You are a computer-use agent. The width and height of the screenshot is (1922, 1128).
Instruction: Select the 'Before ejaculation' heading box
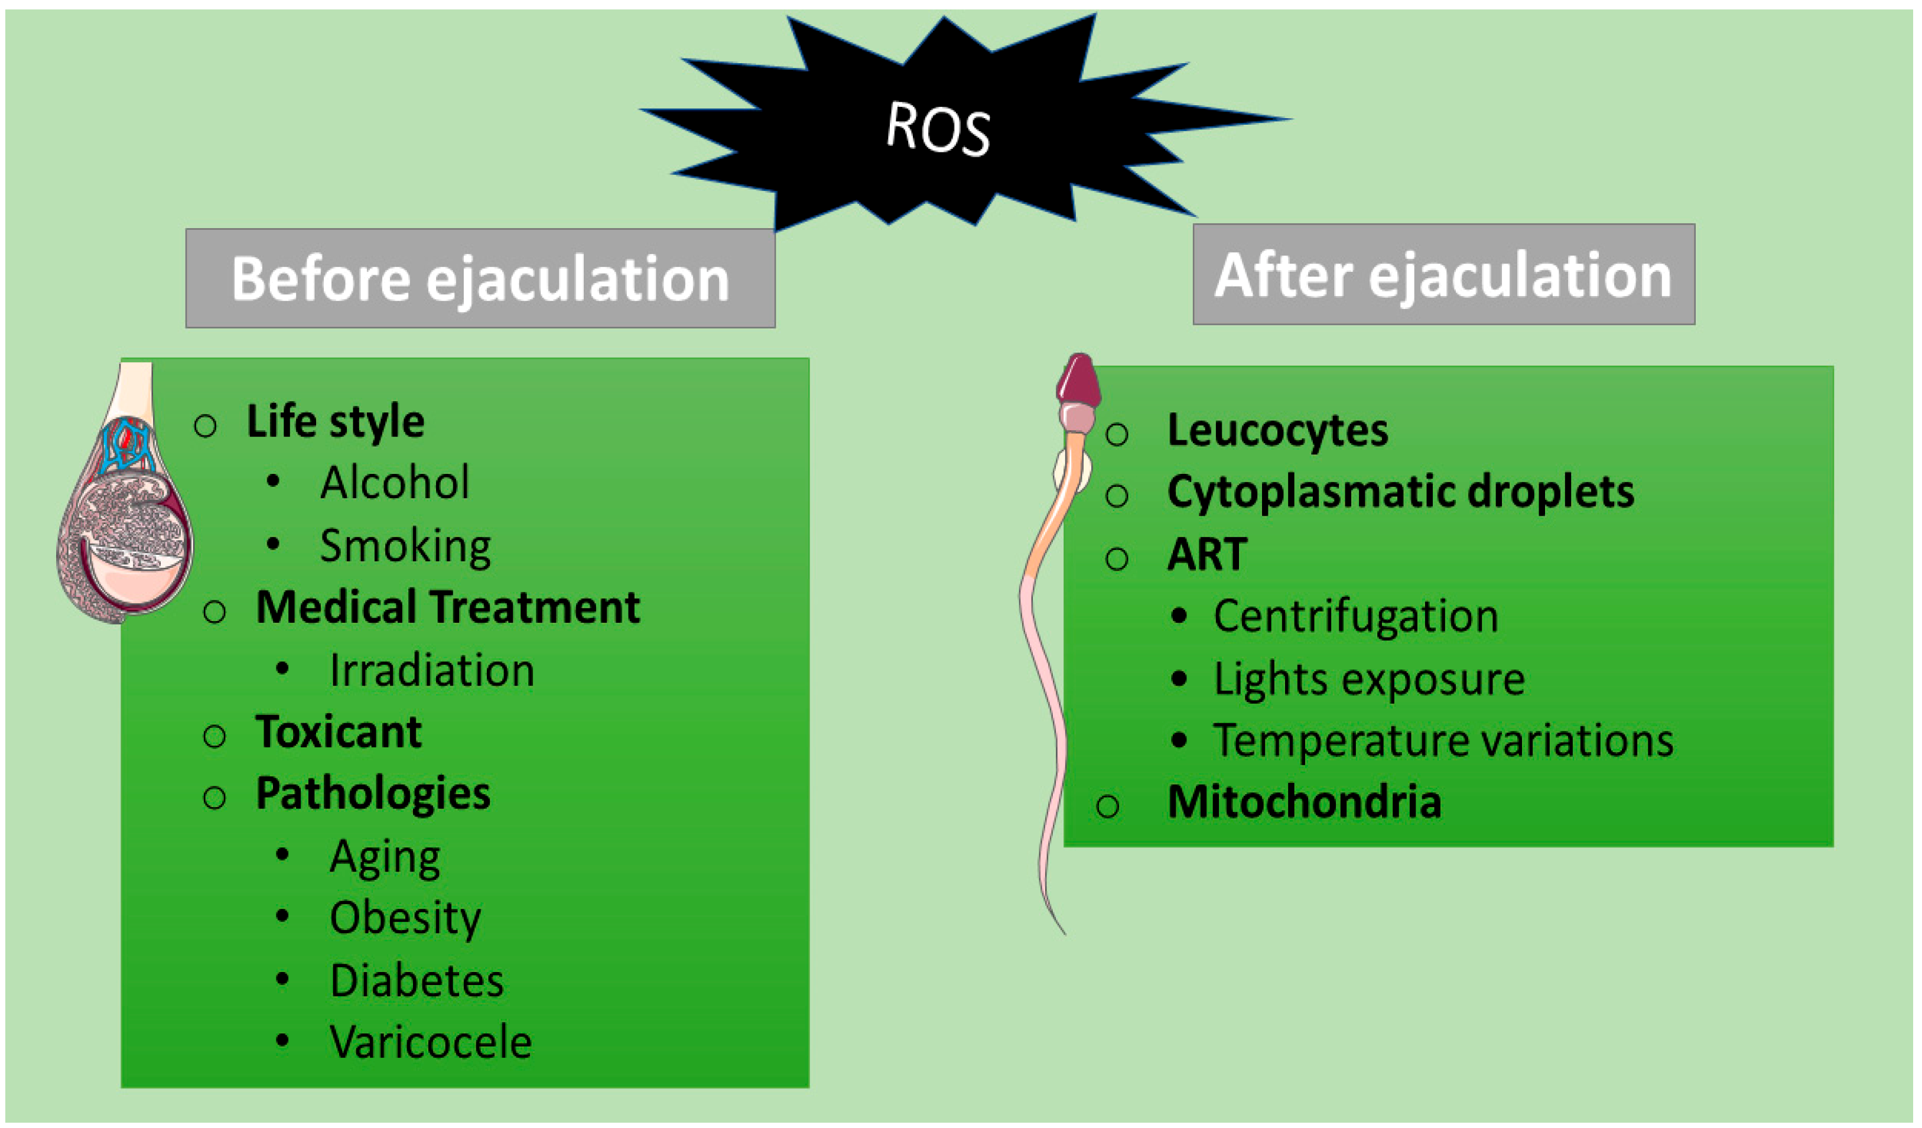tap(480, 278)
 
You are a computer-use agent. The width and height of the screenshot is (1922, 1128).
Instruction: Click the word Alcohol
tap(394, 483)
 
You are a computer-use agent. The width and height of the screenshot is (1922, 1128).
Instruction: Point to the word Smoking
tap(405, 546)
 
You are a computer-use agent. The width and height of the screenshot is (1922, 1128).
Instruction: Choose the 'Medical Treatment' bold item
tap(448, 608)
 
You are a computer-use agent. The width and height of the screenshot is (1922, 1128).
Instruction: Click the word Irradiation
tap(432, 671)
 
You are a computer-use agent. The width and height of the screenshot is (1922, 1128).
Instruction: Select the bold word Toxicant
tap(339, 732)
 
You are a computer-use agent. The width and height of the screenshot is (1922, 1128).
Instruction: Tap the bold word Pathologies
tap(373, 794)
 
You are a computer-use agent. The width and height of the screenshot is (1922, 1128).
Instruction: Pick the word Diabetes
tap(417, 981)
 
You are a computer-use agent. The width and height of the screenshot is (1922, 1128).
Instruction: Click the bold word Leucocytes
tap(1277, 431)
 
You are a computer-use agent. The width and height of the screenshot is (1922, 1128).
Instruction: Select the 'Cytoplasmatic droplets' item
tap(1400, 492)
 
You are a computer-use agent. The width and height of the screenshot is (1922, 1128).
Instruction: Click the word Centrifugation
tap(1355, 616)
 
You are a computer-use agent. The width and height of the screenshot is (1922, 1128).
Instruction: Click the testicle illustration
tap(126, 526)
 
